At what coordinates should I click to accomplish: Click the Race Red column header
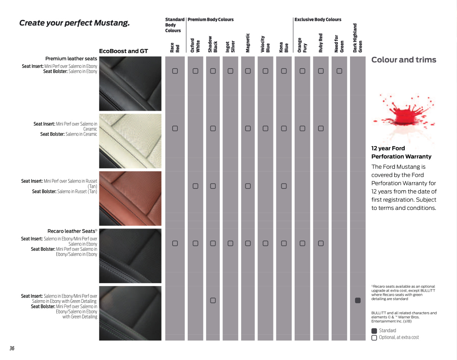(x=175, y=47)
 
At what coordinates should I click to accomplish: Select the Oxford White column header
(x=195, y=45)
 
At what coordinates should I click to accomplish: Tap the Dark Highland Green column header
(x=358, y=38)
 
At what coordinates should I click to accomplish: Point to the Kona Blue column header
(x=284, y=47)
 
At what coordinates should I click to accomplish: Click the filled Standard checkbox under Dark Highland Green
(x=358, y=300)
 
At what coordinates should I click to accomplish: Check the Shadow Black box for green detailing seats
(x=213, y=300)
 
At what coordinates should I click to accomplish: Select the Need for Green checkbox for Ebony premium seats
(x=339, y=71)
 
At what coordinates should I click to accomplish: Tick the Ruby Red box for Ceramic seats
(x=321, y=128)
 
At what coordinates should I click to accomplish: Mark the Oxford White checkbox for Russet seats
(x=195, y=186)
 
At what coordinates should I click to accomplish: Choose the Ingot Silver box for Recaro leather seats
(x=230, y=243)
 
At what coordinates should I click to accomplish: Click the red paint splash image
(x=403, y=114)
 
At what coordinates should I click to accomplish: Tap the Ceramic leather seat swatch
(x=130, y=141)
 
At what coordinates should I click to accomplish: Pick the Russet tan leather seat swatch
(x=130, y=198)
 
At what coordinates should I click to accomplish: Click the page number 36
(x=12, y=348)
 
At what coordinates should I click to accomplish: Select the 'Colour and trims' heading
(x=404, y=60)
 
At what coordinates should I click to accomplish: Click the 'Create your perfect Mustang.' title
(x=74, y=23)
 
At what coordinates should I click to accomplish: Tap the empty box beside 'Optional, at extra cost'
(x=374, y=338)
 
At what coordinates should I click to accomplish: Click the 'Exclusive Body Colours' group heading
(x=318, y=19)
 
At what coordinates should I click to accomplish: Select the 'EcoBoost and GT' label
(x=123, y=51)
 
